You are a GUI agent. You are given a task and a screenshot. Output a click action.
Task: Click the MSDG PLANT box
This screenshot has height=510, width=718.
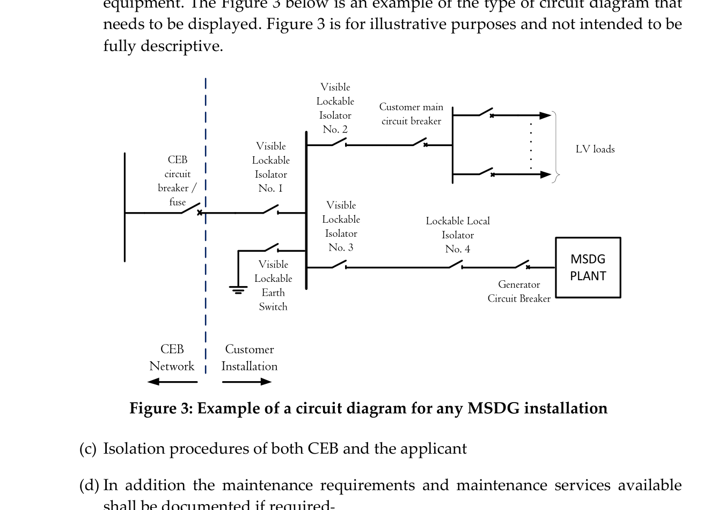click(x=588, y=267)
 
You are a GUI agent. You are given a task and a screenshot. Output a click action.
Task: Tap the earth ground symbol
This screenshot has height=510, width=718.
click(x=238, y=290)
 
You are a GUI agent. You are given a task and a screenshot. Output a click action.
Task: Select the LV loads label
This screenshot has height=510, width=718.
click(x=595, y=149)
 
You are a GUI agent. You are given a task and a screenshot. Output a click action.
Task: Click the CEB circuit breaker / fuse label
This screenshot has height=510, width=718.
click(x=177, y=181)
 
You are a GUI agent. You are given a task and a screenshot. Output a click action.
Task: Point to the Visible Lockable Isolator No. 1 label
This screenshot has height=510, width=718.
click(x=270, y=167)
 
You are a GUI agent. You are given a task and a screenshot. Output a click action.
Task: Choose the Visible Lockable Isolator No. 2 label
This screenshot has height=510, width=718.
click(x=335, y=108)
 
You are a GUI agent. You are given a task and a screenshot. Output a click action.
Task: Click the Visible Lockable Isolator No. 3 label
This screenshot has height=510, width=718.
click(x=341, y=226)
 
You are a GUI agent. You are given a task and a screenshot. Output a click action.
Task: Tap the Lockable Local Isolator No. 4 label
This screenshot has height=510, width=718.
click(x=457, y=235)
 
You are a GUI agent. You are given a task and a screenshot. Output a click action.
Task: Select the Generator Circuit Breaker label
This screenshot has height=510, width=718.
click(x=518, y=292)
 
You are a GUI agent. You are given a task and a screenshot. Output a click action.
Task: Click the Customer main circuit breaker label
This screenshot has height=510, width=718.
click(x=411, y=114)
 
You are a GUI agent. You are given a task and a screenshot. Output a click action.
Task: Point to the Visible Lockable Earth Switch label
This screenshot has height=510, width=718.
click(x=273, y=285)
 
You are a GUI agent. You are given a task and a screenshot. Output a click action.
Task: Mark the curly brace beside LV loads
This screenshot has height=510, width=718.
click(x=556, y=146)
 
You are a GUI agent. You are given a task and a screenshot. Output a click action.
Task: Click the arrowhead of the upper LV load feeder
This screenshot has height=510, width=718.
click(x=545, y=115)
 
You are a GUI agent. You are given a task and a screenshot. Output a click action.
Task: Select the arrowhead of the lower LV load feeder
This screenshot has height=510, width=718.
click(x=545, y=174)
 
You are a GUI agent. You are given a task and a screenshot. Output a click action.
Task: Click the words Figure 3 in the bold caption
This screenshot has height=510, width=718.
click(x=160, y=409)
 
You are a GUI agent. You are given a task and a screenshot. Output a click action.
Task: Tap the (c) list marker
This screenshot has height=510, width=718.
click(x=87, y=449)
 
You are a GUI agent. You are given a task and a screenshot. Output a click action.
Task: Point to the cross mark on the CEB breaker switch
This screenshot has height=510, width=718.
click(x=200, y=213)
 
